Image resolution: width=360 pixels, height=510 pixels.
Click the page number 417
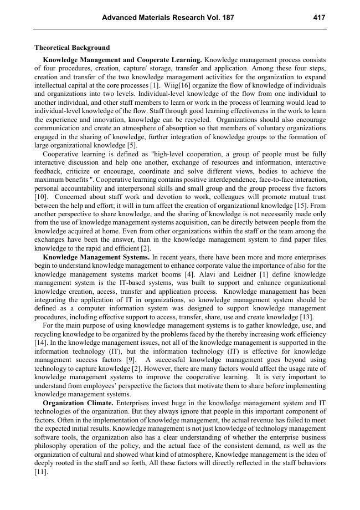coord(319,18)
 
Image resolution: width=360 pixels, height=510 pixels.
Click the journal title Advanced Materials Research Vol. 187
coord(168,18)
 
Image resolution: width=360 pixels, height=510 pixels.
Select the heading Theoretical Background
coord(72,48)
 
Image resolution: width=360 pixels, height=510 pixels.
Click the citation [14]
coord(40,343)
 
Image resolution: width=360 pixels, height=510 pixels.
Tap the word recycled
coord(195,120)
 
